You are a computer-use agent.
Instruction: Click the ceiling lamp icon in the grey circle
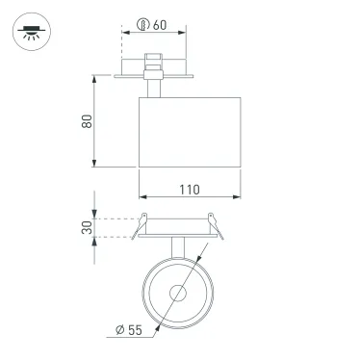point(31,31)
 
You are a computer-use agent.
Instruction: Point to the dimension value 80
point(84,121)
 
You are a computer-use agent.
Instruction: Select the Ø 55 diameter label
point(127,330)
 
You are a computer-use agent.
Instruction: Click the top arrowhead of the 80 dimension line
point(95,78)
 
